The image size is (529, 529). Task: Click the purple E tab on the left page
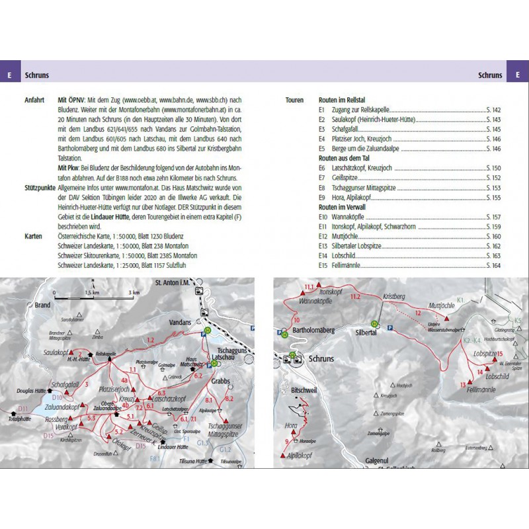(9, 75)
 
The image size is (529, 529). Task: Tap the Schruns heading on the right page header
(490, 75)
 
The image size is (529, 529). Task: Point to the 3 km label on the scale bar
(134, 292)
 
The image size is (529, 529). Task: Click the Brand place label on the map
(43, 305)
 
